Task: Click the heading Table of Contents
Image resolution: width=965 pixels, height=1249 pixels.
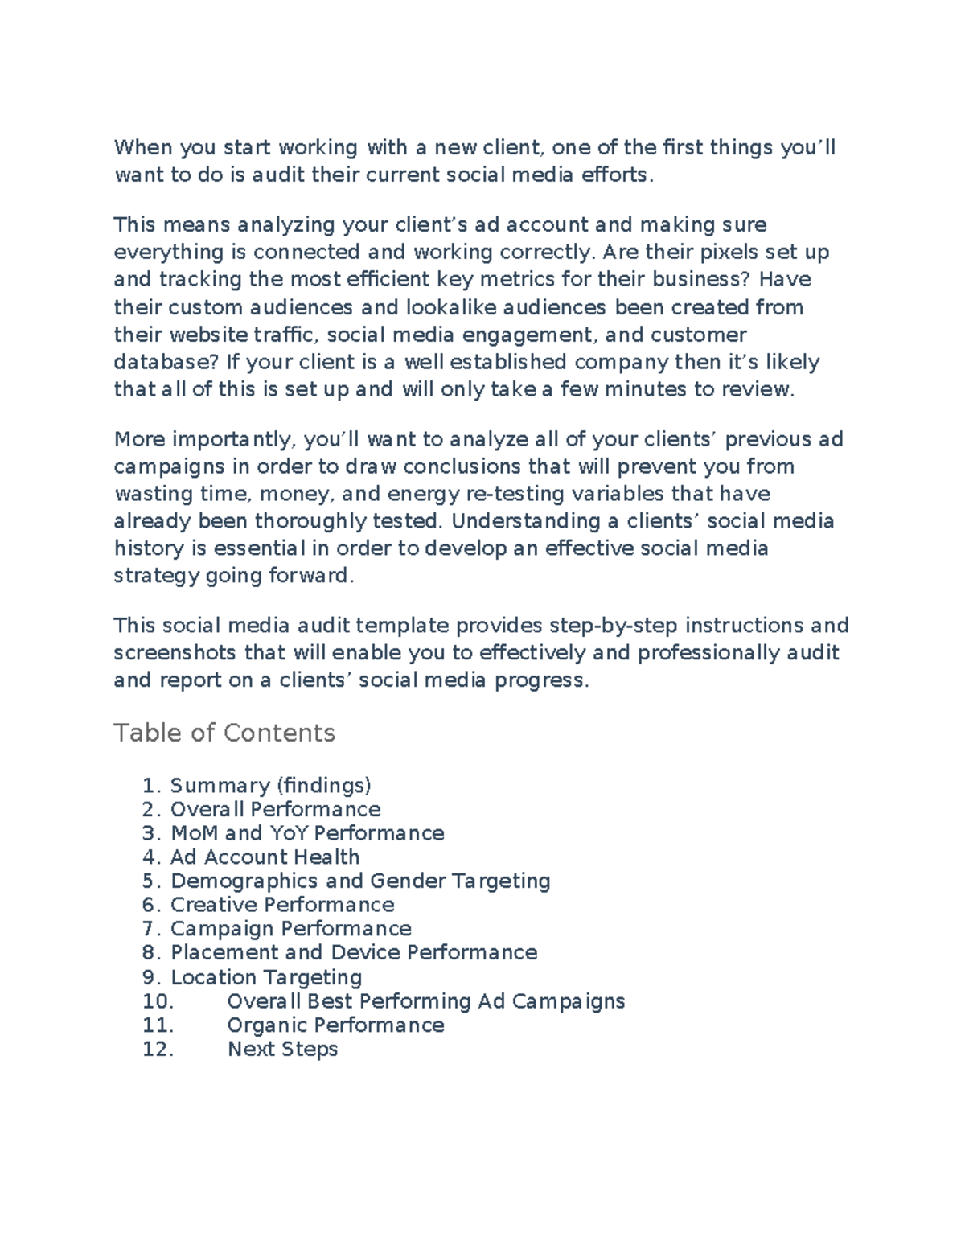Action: click(224, 733)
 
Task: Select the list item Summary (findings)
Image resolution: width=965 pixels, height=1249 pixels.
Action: click(270, 785)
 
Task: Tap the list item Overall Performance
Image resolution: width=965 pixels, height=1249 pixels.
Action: click(275, 809)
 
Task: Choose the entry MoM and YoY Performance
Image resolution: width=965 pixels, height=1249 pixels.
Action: click(307, 833)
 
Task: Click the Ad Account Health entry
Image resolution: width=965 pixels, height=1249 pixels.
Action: click(265, 857)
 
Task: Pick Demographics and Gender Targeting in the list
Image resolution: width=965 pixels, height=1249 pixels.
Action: click(360, 881)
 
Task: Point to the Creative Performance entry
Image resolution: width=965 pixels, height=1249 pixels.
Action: click(282, 905)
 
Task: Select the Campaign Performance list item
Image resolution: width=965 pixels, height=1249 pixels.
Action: click(290, 929)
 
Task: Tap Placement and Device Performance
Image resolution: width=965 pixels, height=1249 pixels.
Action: click(354, 953)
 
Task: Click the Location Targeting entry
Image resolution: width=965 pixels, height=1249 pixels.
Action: click(266, 977)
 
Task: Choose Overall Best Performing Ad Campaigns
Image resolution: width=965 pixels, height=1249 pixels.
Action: click(425, 1001)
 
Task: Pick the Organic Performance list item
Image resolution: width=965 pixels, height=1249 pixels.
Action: click(335, 1025)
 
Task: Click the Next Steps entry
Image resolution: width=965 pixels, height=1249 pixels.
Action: click(282, 1050)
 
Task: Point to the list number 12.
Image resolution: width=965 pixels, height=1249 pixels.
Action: click(158, 1050)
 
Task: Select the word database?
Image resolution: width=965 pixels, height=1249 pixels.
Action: click(167, 362)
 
